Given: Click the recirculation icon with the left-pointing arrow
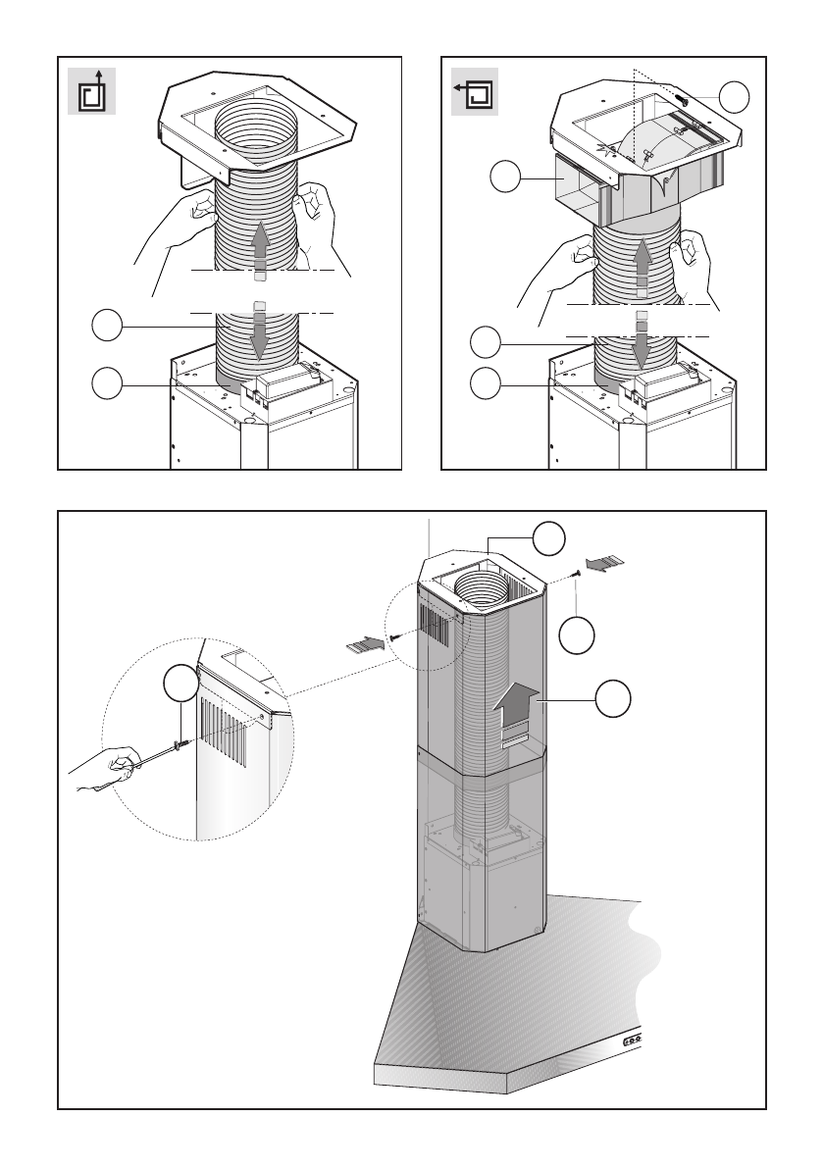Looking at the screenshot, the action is [x=475, y=92].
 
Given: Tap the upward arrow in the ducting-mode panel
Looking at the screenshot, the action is [x=260, y=246].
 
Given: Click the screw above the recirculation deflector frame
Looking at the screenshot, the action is [x=679, y=98].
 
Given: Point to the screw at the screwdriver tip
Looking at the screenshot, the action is [x=179, y=746].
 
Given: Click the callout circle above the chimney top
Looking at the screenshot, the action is [x=549, y=537].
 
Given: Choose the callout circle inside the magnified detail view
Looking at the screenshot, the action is [x=180, y=684].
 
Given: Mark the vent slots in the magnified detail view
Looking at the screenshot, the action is [x=225, y=731].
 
